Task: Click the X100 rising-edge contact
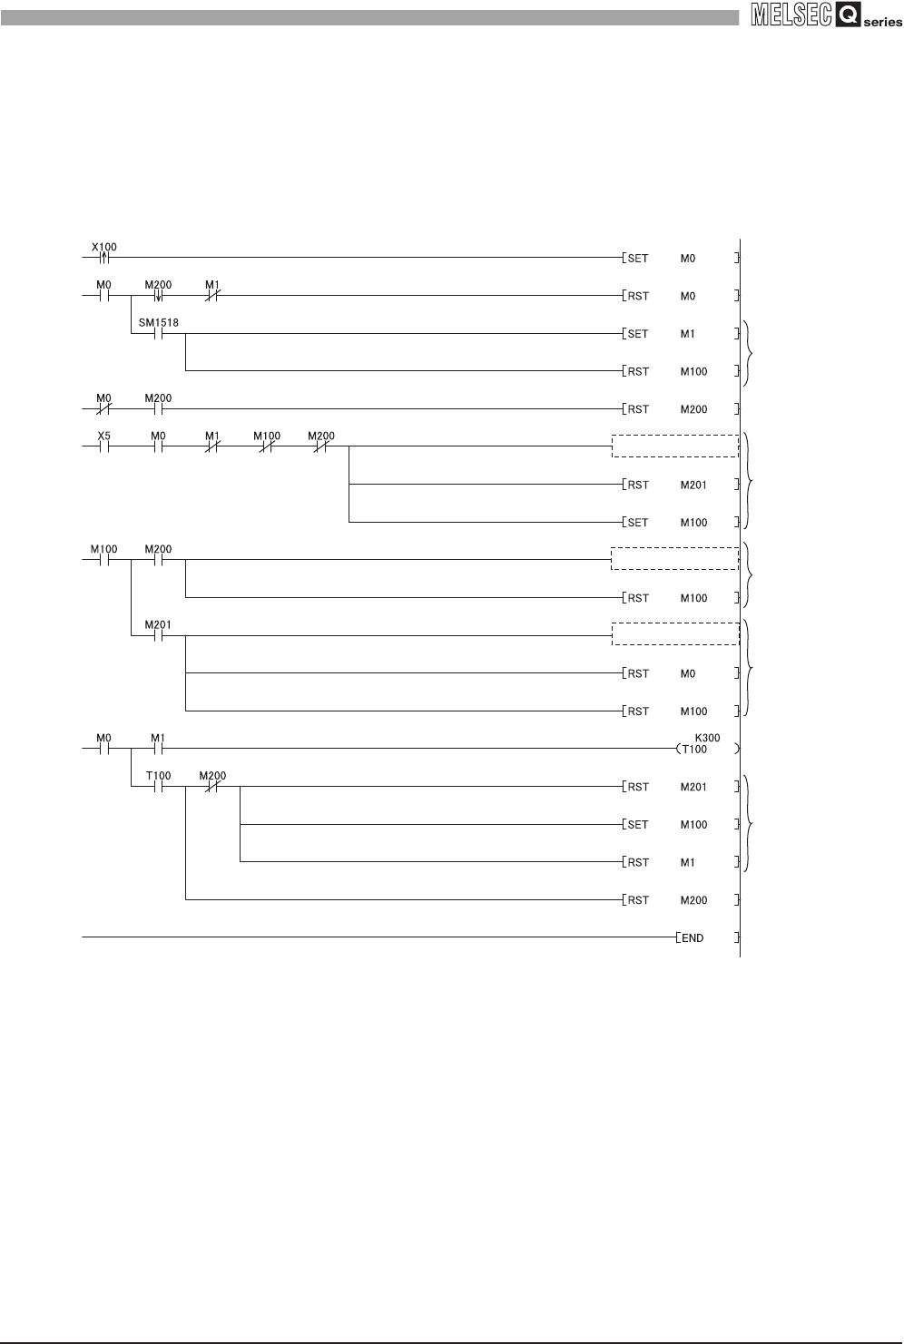point(103,258)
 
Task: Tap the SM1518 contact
point(158,333)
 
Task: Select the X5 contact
point(103,446)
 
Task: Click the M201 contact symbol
point(158,635)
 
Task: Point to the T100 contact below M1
point(158,787)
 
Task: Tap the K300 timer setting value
point(707,738)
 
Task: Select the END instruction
point(692,937)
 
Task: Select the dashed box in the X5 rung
point(675,446)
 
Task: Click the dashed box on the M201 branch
point(675,633)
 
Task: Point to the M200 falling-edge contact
point(158,296)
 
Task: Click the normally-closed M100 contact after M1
point(267,446)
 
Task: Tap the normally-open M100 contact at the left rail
point(103,560)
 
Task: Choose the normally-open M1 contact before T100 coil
point(158,749)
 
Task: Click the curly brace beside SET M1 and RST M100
point(748,352)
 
